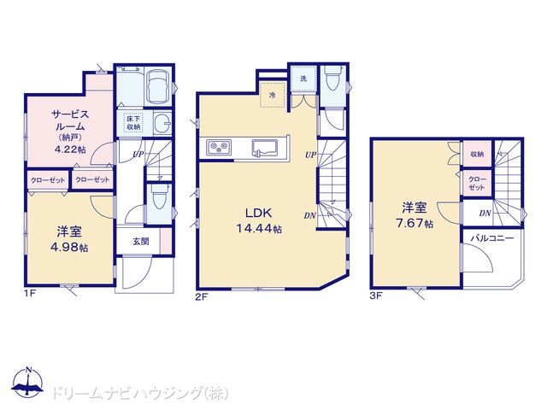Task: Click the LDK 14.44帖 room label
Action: coord(259,220)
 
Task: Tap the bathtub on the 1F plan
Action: coord(157,87)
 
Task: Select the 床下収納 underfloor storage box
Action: coord(133,123)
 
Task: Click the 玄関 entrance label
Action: coord(141,241)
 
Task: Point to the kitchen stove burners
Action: coord(219,147)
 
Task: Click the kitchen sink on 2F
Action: coord(265,147)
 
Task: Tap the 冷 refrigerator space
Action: coord(273,95)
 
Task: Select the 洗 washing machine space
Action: coord(303,79)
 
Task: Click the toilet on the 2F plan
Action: coord(332,76)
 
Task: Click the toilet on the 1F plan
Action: coord(158,196)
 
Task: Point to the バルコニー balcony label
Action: coord(492,238)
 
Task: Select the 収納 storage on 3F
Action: coord(477,154)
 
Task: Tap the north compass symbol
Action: coord(28,382)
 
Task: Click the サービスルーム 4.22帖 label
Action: coord(70,132)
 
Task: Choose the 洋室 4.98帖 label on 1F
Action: coord(70,239)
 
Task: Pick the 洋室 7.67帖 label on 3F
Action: coord(415,215)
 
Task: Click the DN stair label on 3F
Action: coord(485,213)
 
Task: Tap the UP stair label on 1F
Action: coord(138,154)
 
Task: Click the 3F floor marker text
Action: coord(376,296)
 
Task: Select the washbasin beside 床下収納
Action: coord(162,122)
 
